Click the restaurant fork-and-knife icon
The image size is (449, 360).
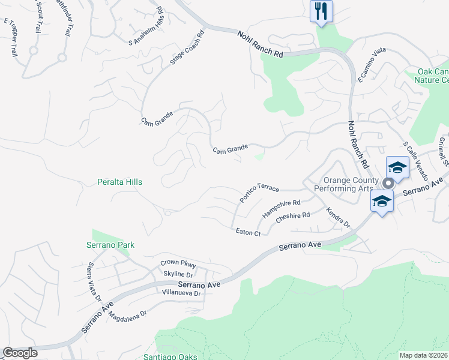(321, 11)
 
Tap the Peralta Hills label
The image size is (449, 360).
(120, 182)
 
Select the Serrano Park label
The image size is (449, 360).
(109, 245)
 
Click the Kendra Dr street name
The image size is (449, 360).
(338, 218)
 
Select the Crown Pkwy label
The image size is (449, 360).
(179, 263)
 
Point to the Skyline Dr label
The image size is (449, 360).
(177, 274)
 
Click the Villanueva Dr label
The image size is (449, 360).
(183, 293)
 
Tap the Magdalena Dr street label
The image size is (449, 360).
(127, 317)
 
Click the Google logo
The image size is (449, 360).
(20, 353)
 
